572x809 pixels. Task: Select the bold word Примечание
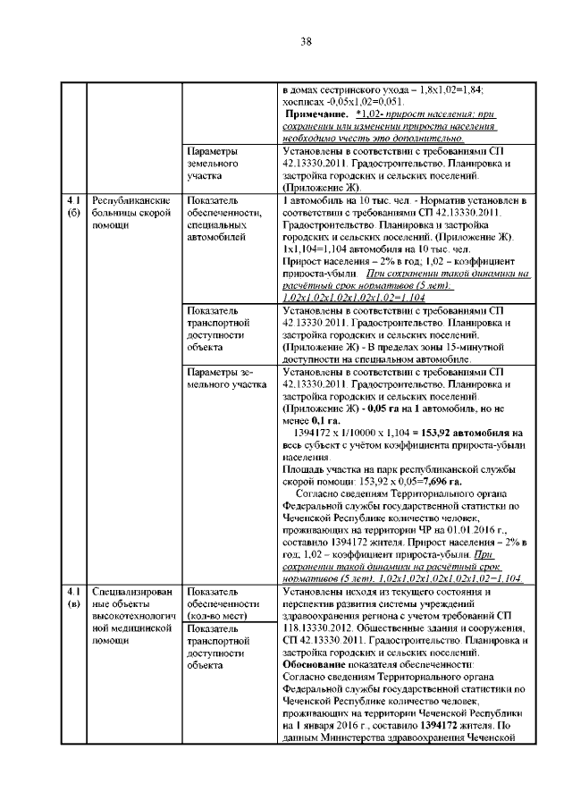[314, 115]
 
